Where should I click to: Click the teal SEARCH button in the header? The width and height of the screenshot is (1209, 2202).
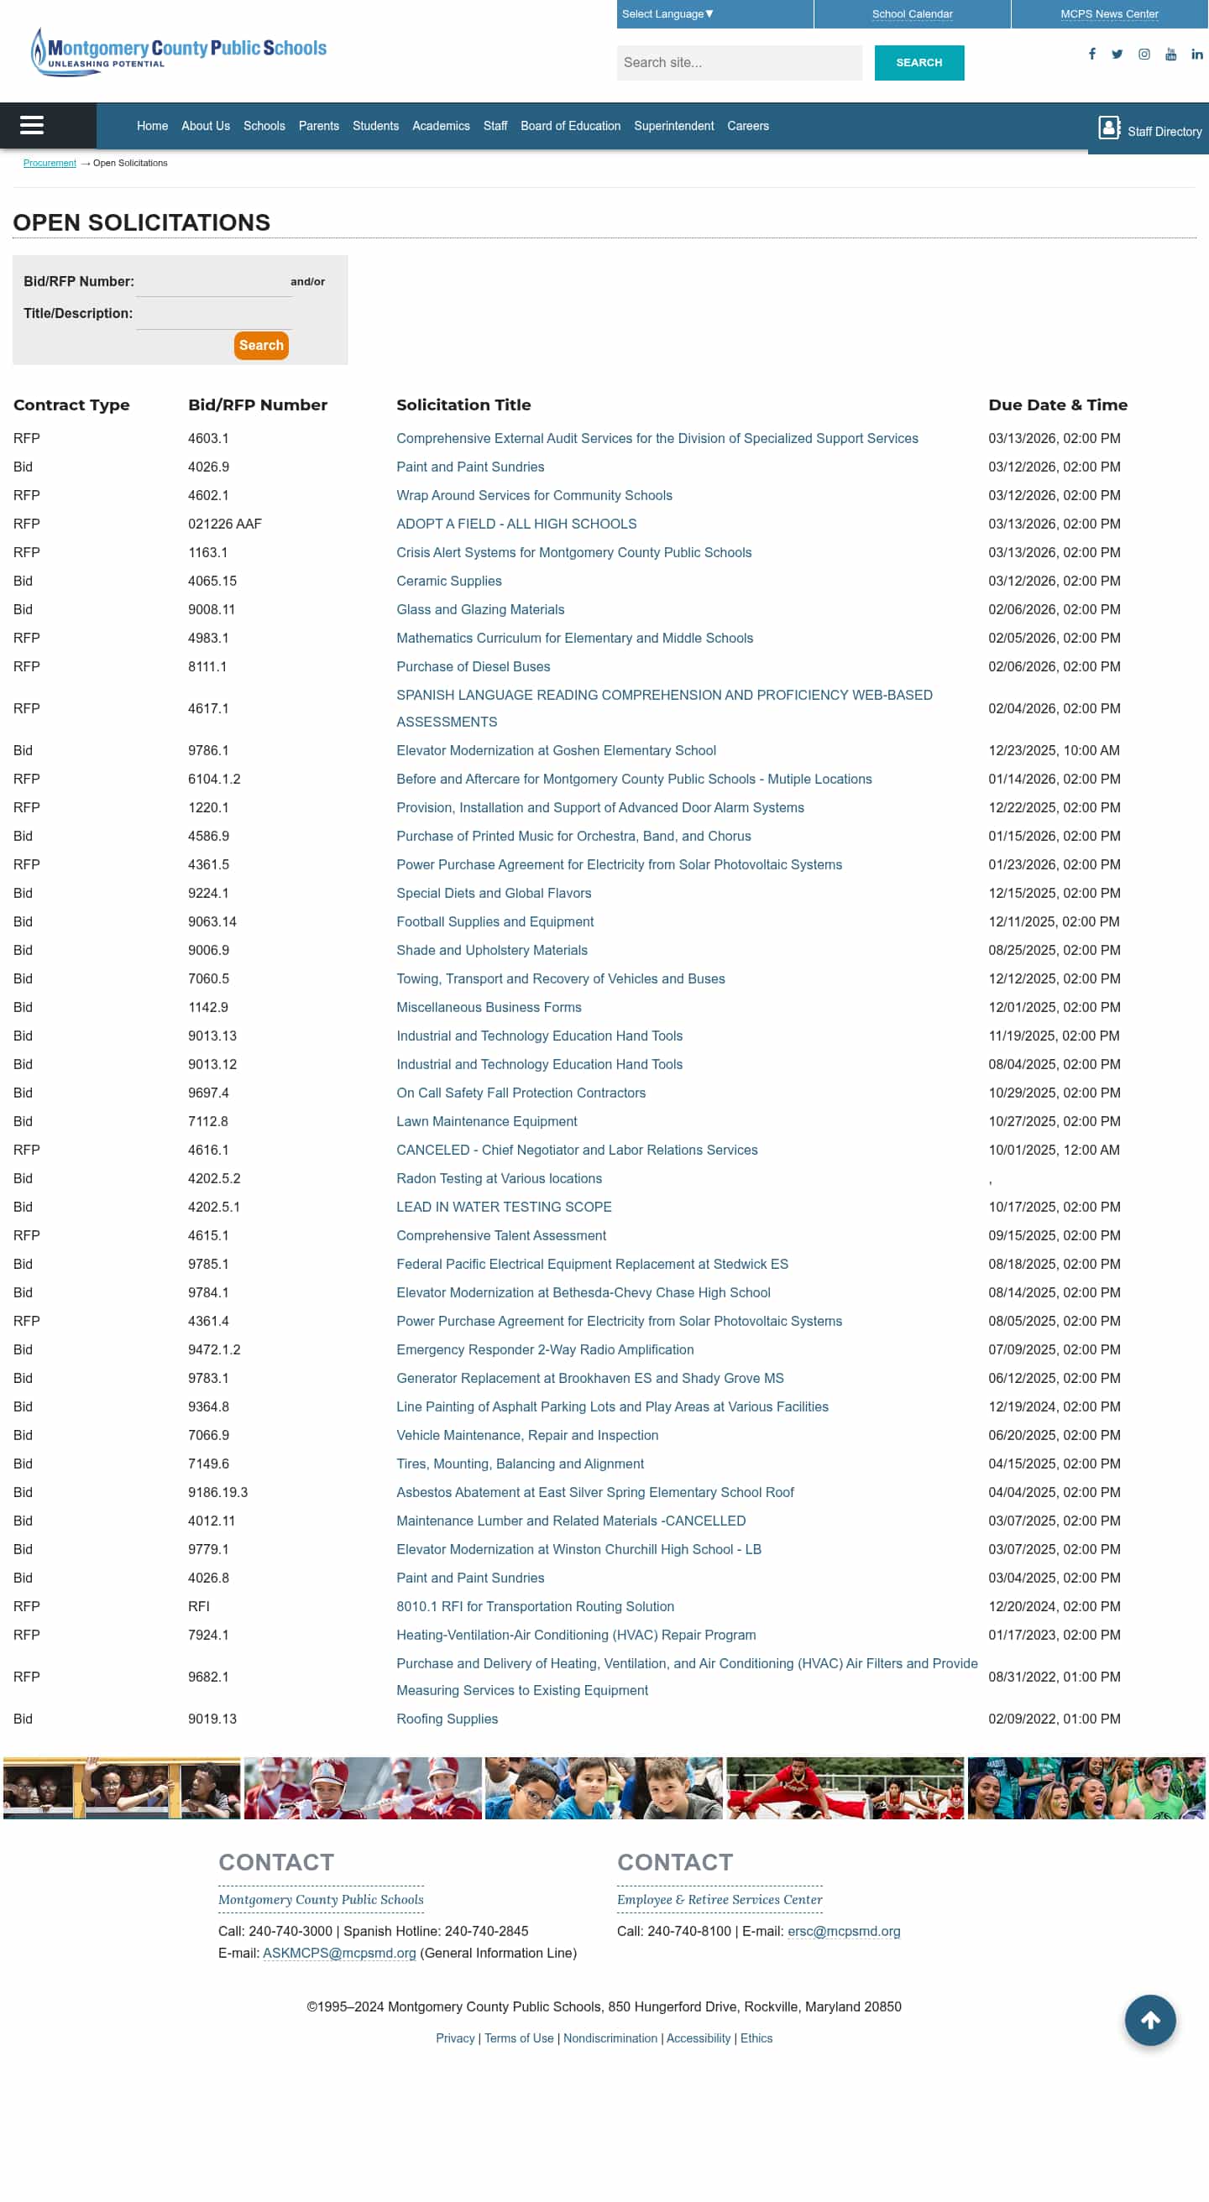point(919,62)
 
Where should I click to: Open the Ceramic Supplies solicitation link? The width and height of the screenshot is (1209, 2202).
point(448,581)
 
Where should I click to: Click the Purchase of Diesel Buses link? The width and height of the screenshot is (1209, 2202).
point(473,666)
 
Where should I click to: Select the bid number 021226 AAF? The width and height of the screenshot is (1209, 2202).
point(224,523)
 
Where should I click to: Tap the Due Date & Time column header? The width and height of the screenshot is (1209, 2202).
point(1057,404)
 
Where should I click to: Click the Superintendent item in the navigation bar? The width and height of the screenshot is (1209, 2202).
point(673,126)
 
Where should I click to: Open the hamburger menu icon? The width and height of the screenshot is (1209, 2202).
point(32,126)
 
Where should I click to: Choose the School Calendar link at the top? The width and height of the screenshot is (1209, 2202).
point(912,13)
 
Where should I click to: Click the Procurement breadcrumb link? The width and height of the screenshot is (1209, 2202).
point(50,163)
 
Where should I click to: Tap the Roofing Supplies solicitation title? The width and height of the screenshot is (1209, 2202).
point(447,1718)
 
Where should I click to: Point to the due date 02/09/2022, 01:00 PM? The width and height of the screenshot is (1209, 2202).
point(1054,1718)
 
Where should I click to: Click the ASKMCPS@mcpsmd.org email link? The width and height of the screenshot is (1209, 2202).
point(338,1953)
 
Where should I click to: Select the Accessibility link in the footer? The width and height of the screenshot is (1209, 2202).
point(698,2038)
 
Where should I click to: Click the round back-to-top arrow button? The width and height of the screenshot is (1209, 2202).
point(1149,2019)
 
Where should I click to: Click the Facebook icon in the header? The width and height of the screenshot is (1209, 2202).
point(1091,54)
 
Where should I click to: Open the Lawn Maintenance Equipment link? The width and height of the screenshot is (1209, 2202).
point(485,1120)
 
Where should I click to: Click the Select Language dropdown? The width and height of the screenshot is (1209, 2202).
point(667,13)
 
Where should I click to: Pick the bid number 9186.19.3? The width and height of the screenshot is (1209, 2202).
point(217,1492)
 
